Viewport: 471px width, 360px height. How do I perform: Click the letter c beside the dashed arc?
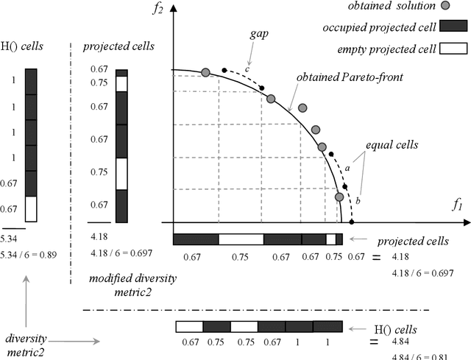pos(247,69)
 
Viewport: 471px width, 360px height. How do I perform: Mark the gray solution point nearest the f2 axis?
pos(205,72)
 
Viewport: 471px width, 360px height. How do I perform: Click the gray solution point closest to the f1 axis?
pos(339,197)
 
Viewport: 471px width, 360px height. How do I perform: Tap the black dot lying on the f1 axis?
pos(352,222)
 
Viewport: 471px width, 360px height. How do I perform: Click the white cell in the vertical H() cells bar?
pos(31,209)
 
